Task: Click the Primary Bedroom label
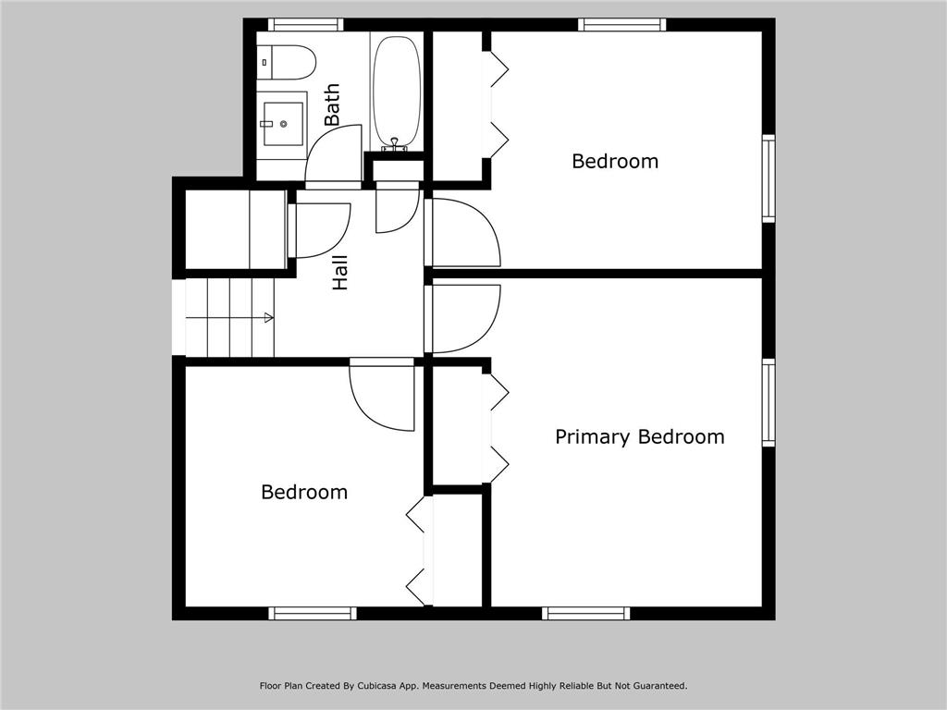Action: coord(640,437)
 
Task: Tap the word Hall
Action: coord(340,273)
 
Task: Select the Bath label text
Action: coord(332,104)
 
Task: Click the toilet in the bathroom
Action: coord(287,62)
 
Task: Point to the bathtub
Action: coord(396,92)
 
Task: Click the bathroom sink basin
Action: coord(283,125)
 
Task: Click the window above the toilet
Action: coord(305,25)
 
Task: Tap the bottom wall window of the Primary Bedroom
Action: coord(585,614)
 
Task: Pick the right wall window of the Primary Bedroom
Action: coord(769,403)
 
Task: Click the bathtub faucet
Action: coord(394,144)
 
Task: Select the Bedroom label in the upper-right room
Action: coord(615,161)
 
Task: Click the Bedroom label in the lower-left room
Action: coord(304,492)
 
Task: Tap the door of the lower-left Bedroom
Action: coord(382,398)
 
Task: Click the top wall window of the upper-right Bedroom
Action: coord(622,25)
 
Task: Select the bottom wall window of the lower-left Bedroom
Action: coord(313,614)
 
